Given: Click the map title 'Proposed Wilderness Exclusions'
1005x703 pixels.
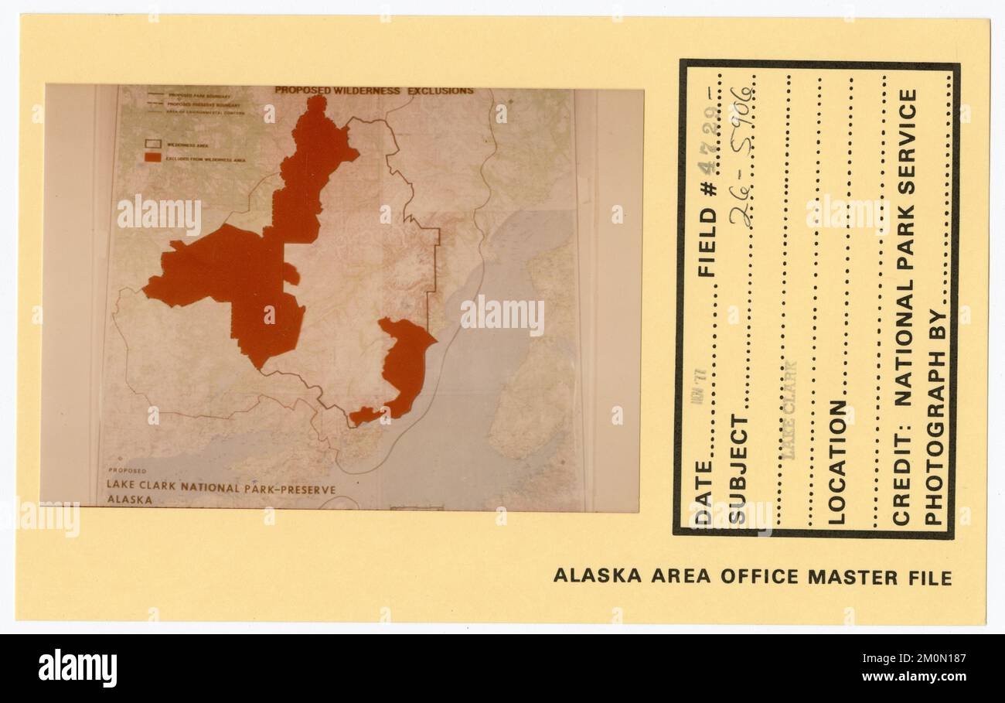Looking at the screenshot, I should [374, 90].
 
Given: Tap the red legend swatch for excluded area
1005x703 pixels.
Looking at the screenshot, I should [153, 157].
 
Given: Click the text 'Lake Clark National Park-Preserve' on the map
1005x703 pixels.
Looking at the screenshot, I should [221, 488].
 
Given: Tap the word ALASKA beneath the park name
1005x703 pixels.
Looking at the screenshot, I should [129, 500].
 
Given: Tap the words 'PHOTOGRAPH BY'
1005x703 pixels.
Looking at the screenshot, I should [934, 418].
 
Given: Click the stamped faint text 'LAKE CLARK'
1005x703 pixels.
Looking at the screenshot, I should [789, 410].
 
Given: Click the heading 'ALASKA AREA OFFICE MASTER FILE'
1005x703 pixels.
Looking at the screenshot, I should [751, 577].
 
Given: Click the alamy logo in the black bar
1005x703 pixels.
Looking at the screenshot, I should [78, 667].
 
